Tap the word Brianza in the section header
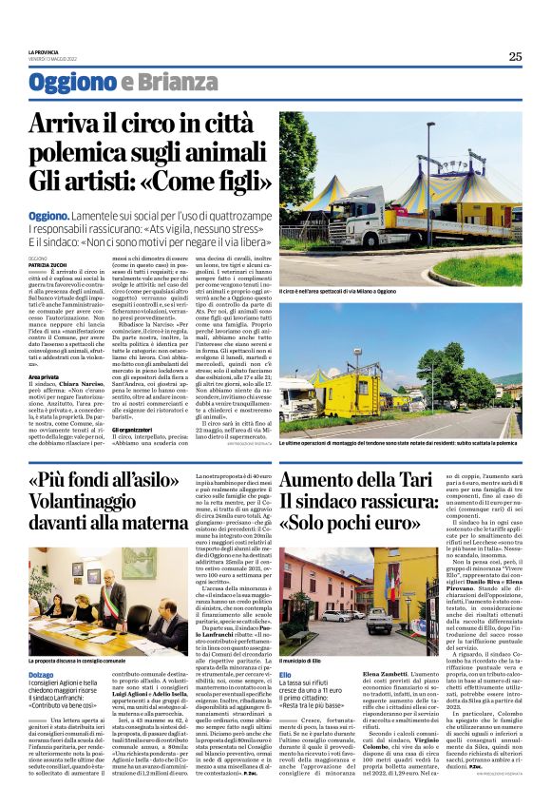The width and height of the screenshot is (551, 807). (164, 83)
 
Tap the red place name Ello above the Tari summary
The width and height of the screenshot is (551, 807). (285, 674)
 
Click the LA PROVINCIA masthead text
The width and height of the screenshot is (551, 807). (47, 51)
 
